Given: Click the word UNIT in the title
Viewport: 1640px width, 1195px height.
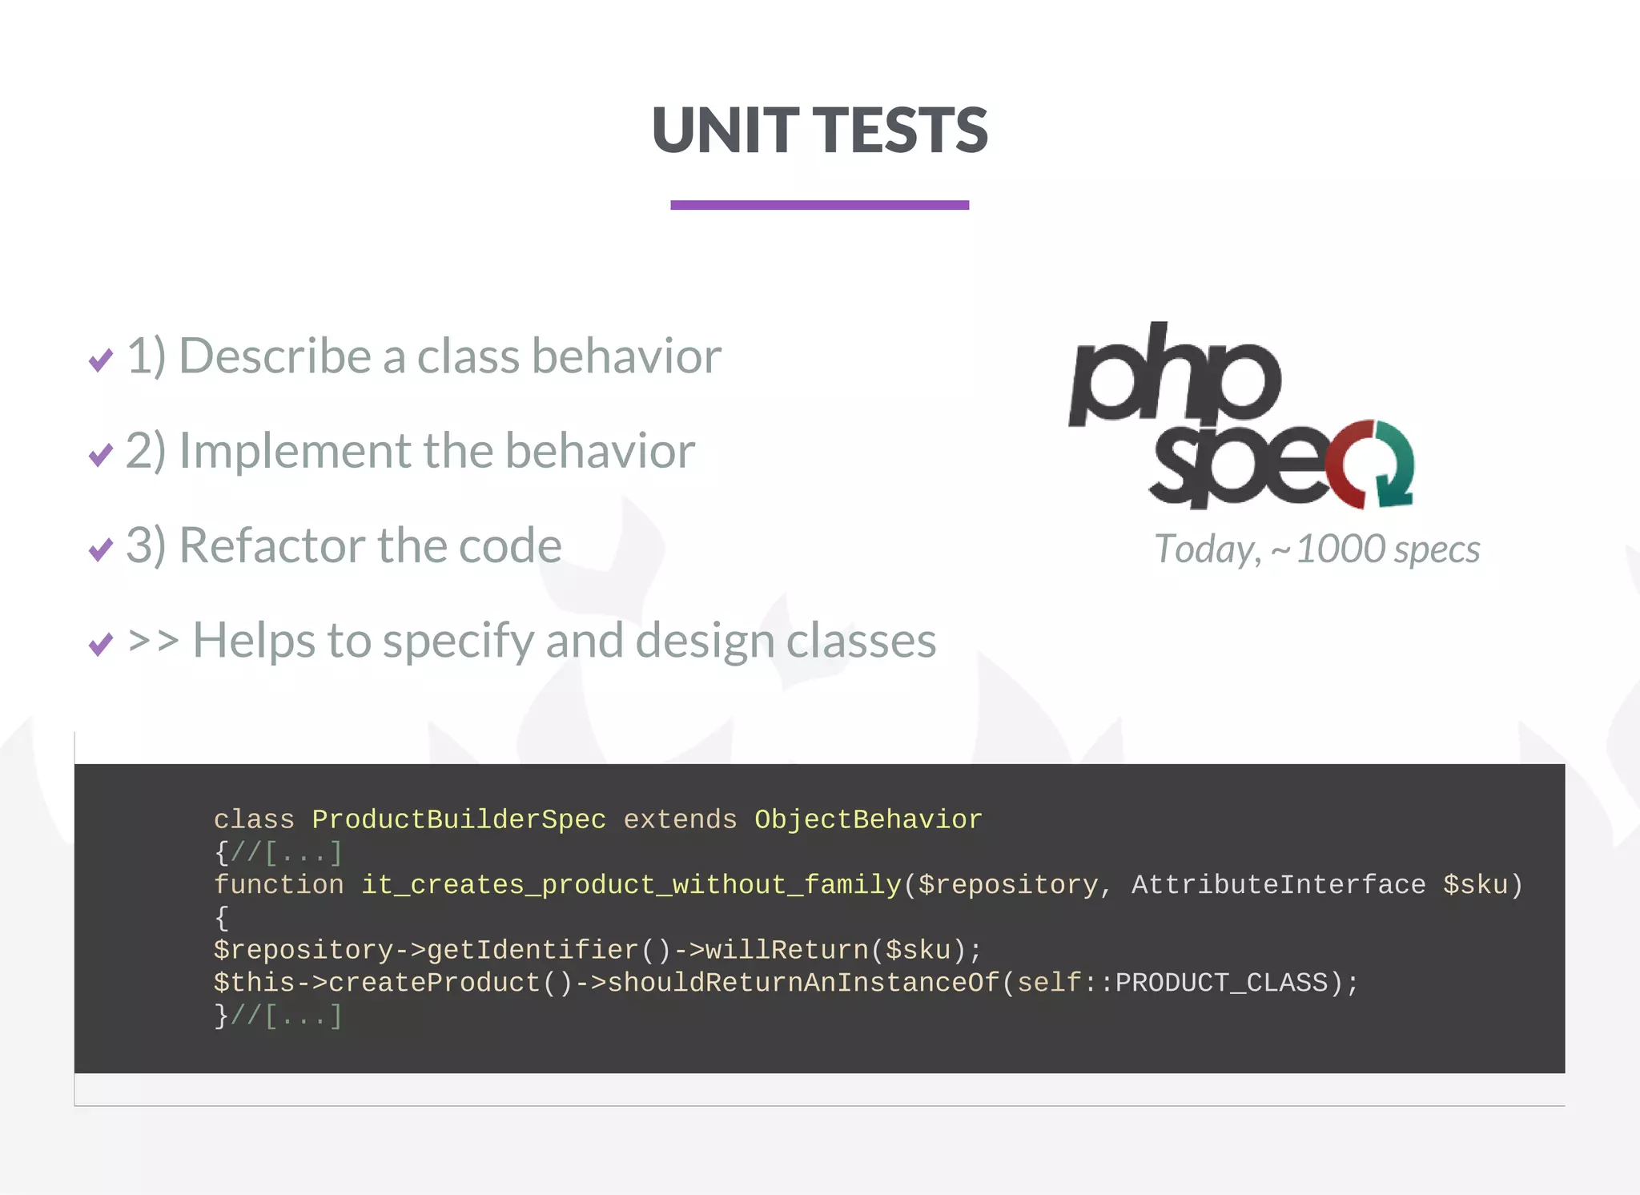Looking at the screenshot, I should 725,131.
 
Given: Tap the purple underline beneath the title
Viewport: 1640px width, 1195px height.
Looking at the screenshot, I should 819,205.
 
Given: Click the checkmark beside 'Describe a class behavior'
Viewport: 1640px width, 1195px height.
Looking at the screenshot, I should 101,360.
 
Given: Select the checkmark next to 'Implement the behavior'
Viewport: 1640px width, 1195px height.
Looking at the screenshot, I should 101,455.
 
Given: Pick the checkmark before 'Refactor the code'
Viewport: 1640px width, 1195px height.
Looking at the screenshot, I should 101,549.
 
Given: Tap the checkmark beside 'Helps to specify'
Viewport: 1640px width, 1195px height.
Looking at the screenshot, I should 101,644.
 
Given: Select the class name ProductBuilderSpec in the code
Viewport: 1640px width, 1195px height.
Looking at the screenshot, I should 459,819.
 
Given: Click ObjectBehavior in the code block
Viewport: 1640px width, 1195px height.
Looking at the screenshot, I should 868,819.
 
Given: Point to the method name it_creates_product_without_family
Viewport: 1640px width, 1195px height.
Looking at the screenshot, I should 631,884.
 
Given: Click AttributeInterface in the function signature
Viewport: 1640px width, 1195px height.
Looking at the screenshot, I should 1278,884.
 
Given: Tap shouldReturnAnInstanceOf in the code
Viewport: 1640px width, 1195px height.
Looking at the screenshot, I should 803,983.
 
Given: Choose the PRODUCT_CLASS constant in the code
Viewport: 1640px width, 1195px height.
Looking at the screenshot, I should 1221,983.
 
